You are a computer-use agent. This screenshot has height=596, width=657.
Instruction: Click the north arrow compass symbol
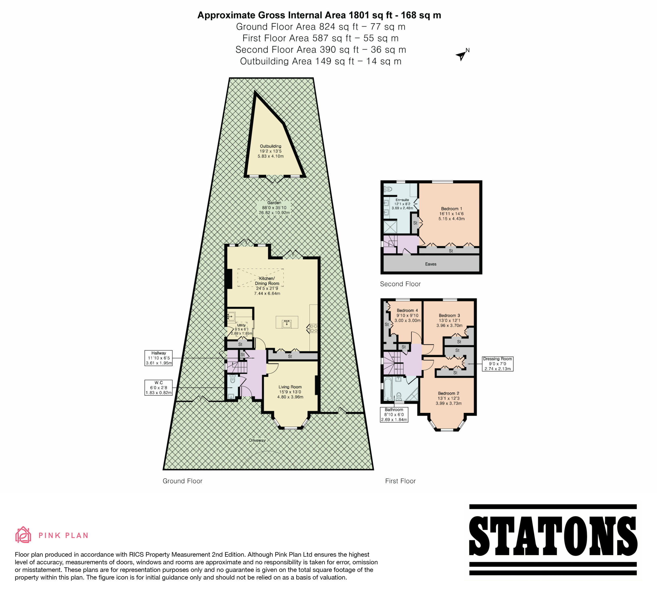coord(461,55)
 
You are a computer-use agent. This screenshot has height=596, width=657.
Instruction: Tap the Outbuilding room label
coord(270,151)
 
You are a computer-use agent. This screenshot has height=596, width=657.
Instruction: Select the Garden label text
coord(274,208)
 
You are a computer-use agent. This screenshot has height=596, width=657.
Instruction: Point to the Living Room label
coord(290,392)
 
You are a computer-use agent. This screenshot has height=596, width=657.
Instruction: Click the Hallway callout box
coord(159,358)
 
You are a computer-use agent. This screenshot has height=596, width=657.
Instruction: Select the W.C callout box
coord(159,388)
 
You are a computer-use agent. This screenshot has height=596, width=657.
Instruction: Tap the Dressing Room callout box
coord(498,364)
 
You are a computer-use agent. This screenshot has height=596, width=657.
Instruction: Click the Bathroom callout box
coord(394,415)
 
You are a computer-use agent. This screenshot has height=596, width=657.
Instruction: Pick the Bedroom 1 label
coord(451,214)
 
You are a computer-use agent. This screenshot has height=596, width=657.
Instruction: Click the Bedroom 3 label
coord(449,320)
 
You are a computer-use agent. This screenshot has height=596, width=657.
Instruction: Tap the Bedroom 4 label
coord(407,316)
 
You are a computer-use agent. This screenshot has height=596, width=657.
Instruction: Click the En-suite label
coord(402,204)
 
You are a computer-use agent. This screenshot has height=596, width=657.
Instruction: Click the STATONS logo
coord(553,540)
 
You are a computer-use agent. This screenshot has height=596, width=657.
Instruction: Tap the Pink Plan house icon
coord(23,535)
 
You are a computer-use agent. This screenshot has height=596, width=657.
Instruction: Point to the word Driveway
coord(257,440)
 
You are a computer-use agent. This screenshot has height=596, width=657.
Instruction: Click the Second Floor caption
coord(400,284)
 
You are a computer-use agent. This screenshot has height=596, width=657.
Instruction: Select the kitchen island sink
coord(287,324)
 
